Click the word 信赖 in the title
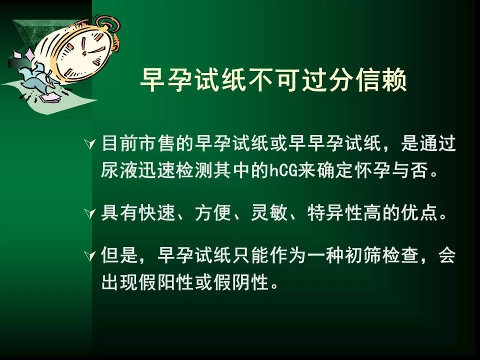pyautogui.click(x=381, y=79)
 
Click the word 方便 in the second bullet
pyautogui.click(x=213, y=213)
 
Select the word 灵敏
pyautogui.click(x=269, y=213)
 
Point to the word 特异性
pyautogui.click(x=334, y=213)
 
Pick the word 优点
pyautogui.click(x=419, y=213)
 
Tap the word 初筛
pyautogui.click(x=363, y=255)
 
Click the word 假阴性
pyautogui.click(x=241, y=282)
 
